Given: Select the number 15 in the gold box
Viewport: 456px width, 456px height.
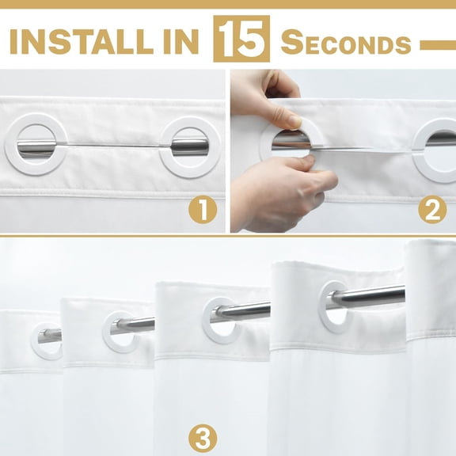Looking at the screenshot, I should [x=241, y=39].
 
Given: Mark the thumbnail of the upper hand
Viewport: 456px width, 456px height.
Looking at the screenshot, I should [x=294, y=121].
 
